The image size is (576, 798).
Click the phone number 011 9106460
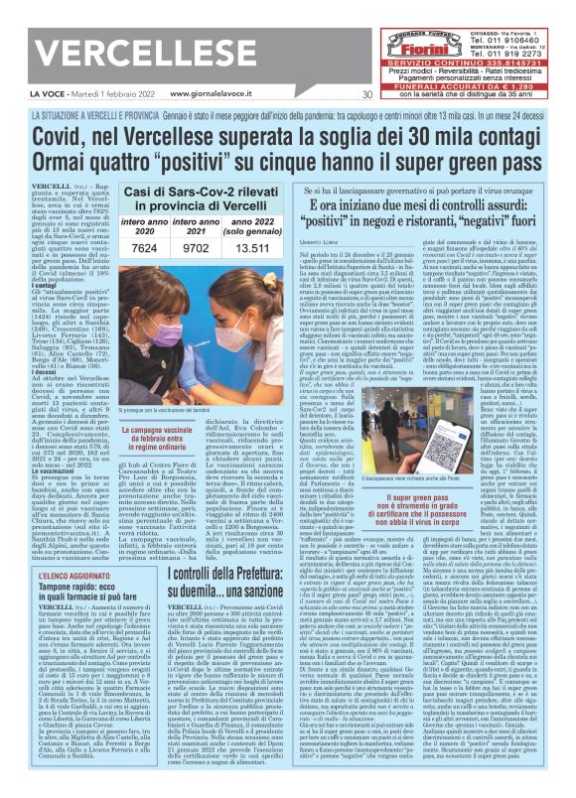[525, 15]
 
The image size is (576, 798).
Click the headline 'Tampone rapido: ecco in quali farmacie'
[71, 568]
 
